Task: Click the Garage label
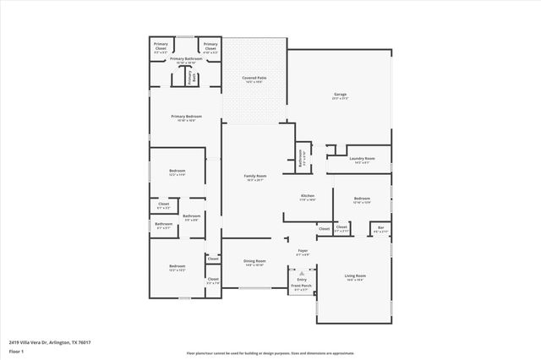click(341, 94)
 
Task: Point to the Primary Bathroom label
click(185, 58)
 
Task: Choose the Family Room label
click(255, 175)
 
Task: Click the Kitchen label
click(308, 195)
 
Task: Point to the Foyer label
click(302, 250)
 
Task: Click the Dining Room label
click(254, 260)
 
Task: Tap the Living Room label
click(354, 275)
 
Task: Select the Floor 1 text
click(16, 351)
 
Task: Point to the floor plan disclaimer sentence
click(270, 354)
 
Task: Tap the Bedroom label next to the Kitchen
click(362, 198)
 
